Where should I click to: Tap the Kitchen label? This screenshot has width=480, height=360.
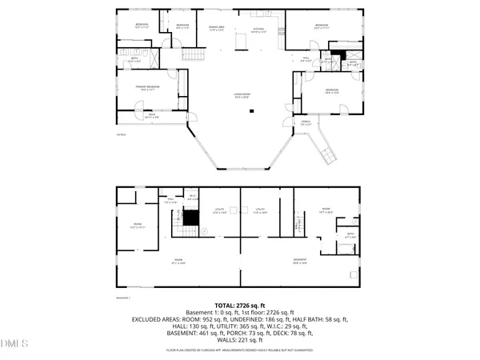[258, 30]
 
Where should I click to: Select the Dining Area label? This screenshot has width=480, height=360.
[217, 27]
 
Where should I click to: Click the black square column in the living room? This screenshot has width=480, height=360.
[252, 110]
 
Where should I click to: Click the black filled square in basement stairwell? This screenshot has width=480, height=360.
[190, 215]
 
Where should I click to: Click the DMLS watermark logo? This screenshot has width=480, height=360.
[14, 345]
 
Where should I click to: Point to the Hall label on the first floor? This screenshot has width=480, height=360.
[306, 58]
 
